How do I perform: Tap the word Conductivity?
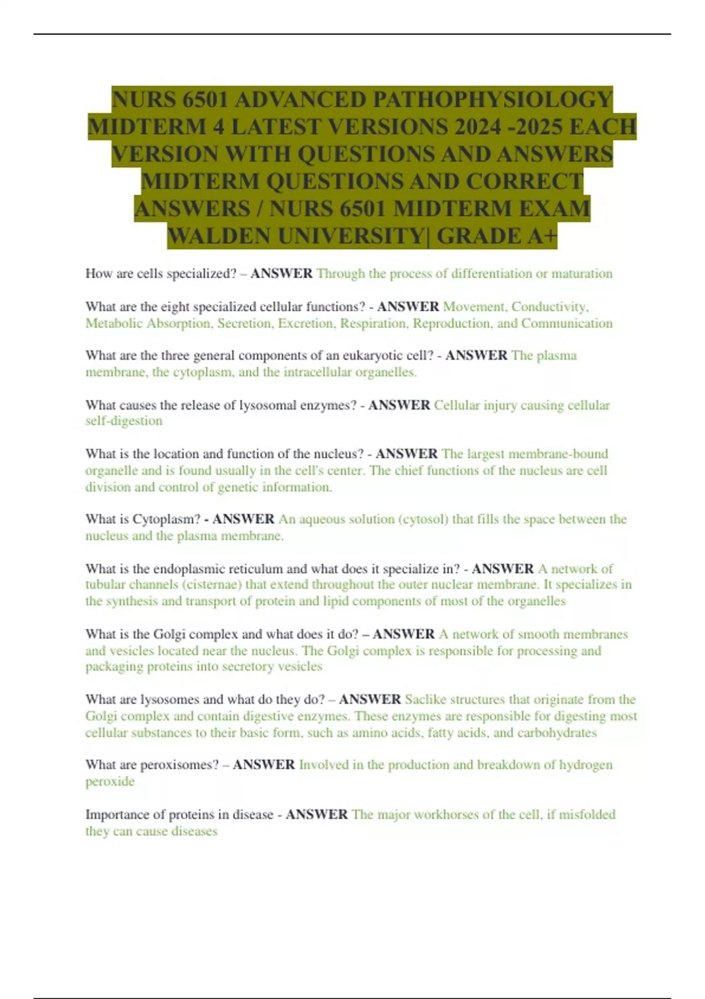pos(550,307)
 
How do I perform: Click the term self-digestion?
pos(123,421)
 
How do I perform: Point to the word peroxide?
pos(110,782)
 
